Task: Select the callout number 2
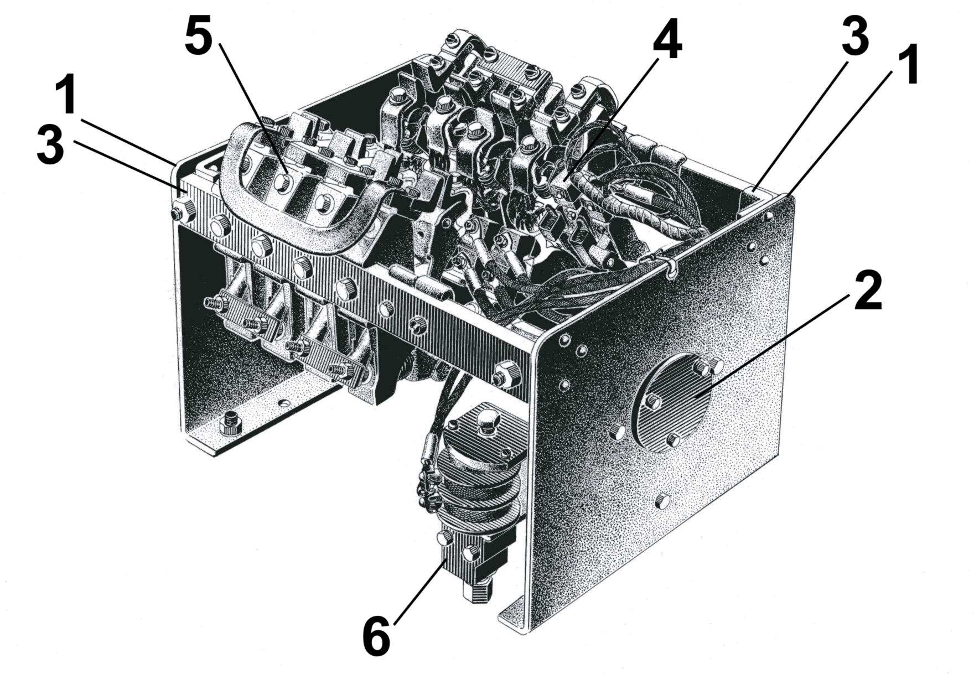click(x=868, y=292)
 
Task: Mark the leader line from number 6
click(x=421, y=589)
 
